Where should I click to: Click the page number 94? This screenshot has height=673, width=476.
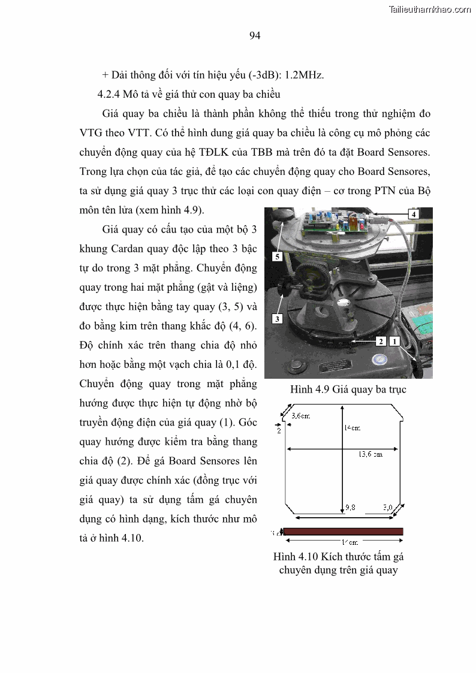tap(254, 36)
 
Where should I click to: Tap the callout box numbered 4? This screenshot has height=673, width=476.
tap(413, 213)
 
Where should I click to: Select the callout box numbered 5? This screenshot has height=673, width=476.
tap(276, 256)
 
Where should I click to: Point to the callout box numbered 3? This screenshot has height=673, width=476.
tap(277, 319)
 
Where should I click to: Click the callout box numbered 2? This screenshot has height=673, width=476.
tap(379, 341)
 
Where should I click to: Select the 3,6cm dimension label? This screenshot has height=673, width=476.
tap(300, 415)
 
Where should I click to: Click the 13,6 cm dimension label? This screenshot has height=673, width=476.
tap(370, 455)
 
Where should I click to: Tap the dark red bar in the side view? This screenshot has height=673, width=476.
tap(343, 531)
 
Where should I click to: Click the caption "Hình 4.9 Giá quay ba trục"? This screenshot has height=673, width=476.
tap(348, 390)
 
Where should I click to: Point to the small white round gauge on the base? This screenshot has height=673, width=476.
tap(379, 360)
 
